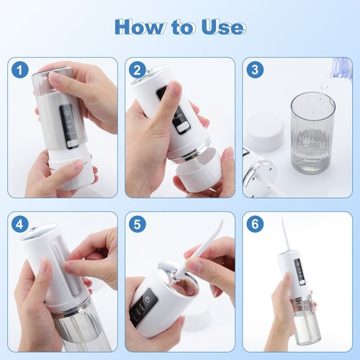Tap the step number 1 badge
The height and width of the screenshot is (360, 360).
coord(20,70)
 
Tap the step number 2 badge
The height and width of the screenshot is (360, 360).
coord(138,70)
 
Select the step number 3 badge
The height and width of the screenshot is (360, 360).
coord(255,70)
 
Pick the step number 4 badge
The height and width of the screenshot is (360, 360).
coord(20,224)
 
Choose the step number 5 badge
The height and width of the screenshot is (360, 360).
coord(138,224)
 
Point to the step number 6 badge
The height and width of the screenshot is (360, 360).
coord(255,224)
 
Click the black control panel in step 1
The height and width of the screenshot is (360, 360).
coord(69,126)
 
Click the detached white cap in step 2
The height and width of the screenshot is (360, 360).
coord(199,174)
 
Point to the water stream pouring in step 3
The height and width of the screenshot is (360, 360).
coord(323,90)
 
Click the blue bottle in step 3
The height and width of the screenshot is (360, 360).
coord(341,68)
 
